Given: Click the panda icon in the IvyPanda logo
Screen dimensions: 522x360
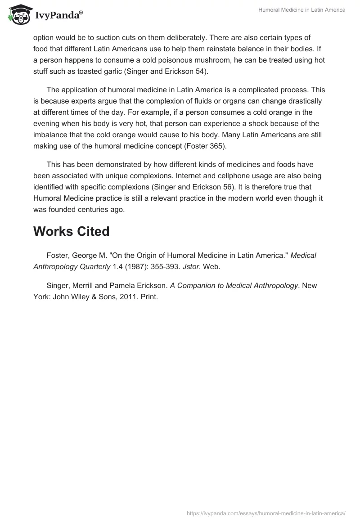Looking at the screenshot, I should coord(17,15).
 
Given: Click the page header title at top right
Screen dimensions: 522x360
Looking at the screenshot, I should coord(301,10).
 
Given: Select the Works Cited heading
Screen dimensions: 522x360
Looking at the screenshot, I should coord(71,231).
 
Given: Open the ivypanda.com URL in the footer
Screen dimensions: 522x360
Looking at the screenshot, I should coord(266,513).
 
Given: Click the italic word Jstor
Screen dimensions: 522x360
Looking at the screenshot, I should coord(186,266).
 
